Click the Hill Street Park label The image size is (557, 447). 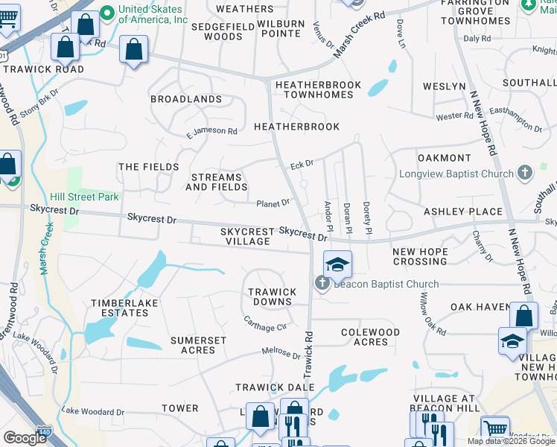tap(84, 197)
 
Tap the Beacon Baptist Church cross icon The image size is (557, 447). tap(322, 282)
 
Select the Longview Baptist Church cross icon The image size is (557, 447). tap(525, 174)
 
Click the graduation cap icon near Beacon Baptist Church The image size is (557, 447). tap(337, 264)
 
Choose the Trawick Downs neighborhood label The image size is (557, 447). tap(271, 297)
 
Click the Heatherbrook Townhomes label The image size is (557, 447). tap(318, 90)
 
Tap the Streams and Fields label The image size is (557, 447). tap(217, 183)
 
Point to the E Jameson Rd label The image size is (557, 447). tap(211, 132)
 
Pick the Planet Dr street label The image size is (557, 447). tap(273, 203)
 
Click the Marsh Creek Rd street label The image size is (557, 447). tap(359, 35)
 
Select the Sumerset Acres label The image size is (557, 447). tap(198, 345)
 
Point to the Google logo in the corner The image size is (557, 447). tap(24, 437)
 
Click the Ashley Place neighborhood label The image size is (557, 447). tap(462, 212)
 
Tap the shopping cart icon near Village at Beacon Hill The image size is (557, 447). tap(494, 428)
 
